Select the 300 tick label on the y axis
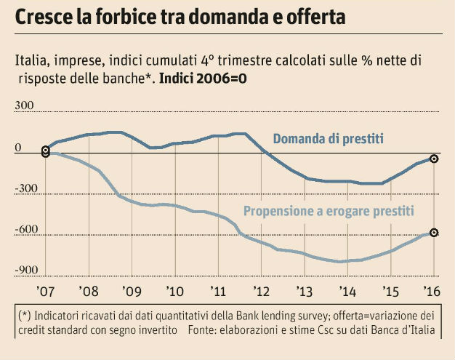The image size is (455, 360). pyautogui.click(x=25, y=106)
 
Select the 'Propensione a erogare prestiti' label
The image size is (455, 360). pyautogui.click(x=329, y=212)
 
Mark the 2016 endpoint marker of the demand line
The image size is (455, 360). pyautogui.click(x=434, y=159)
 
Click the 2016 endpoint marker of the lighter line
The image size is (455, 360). pyautogui.click(x=434, y=233)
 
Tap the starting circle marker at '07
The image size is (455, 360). pyautogui.click(x=46, y=151)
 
